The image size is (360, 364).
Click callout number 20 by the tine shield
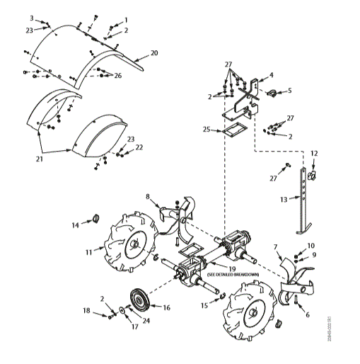(x=154, y=53)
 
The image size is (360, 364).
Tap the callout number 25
(x=207, y=130)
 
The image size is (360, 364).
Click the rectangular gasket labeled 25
(x=234, y=131)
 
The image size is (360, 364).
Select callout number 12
(x=314, y=153)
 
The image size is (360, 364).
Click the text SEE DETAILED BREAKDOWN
(x=233, y=275)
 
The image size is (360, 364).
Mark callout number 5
(x=289, y=91)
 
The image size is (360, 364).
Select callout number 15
(x=204, y=306)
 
